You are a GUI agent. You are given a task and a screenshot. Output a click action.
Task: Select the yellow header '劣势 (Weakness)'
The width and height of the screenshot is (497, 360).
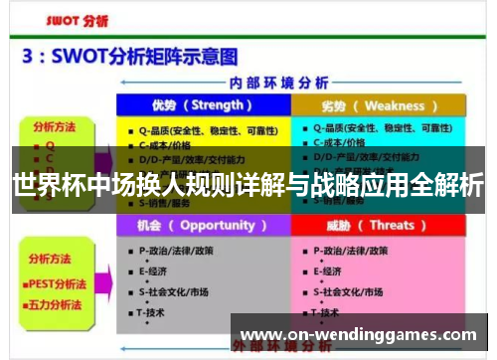[x=380, y=105]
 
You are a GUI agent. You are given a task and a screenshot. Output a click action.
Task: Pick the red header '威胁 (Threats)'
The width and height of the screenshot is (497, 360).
[x=380, y=226]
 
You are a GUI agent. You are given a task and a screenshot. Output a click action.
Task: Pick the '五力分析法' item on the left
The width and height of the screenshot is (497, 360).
[x=58, y=297]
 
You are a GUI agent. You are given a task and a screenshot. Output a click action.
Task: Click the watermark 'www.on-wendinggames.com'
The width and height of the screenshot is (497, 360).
[x=359, y=335]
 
